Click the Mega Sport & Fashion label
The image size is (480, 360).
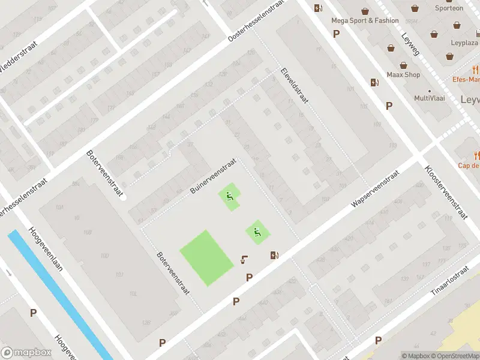365,20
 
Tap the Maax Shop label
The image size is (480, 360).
403,75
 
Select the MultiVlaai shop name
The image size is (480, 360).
430,98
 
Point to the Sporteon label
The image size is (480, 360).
449,8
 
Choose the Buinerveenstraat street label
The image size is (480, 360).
212,176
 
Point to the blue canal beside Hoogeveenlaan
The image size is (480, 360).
54,294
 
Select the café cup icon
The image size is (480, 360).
244,259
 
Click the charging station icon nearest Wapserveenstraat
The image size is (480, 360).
274,255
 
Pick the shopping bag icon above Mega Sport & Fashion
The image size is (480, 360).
365,10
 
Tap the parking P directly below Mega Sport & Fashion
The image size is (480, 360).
336,34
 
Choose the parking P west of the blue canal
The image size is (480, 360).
34,313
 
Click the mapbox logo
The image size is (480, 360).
26,352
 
